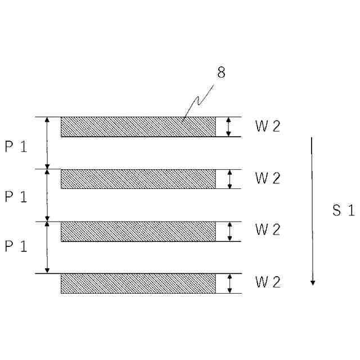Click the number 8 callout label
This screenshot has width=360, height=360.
tap(221, 73)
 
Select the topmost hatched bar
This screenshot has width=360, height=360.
tap(138, 127)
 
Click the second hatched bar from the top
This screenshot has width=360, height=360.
tap(138, 179)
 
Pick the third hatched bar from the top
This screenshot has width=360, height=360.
tap(138, 231)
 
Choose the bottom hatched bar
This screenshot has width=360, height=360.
tap(138, 283)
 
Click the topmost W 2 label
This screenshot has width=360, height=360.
tap(267, 127)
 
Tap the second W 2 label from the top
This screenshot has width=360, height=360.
tap(267, 178)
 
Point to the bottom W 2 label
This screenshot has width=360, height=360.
tap(267, 282)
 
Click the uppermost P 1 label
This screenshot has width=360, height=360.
tap(16, 146)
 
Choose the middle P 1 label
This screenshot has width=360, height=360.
tap(16, 197)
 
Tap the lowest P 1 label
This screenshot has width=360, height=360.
tap(16, 247)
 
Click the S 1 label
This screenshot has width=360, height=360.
tap(343, 211)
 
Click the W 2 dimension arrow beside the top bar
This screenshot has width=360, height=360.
tap(228, 127)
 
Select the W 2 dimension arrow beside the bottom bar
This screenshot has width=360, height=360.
tap(229, 283)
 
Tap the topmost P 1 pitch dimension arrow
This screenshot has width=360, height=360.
tap(47, 143)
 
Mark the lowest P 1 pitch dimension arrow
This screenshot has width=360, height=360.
tap(47, 247)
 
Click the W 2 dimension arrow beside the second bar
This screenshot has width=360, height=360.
tap(229, 179)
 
